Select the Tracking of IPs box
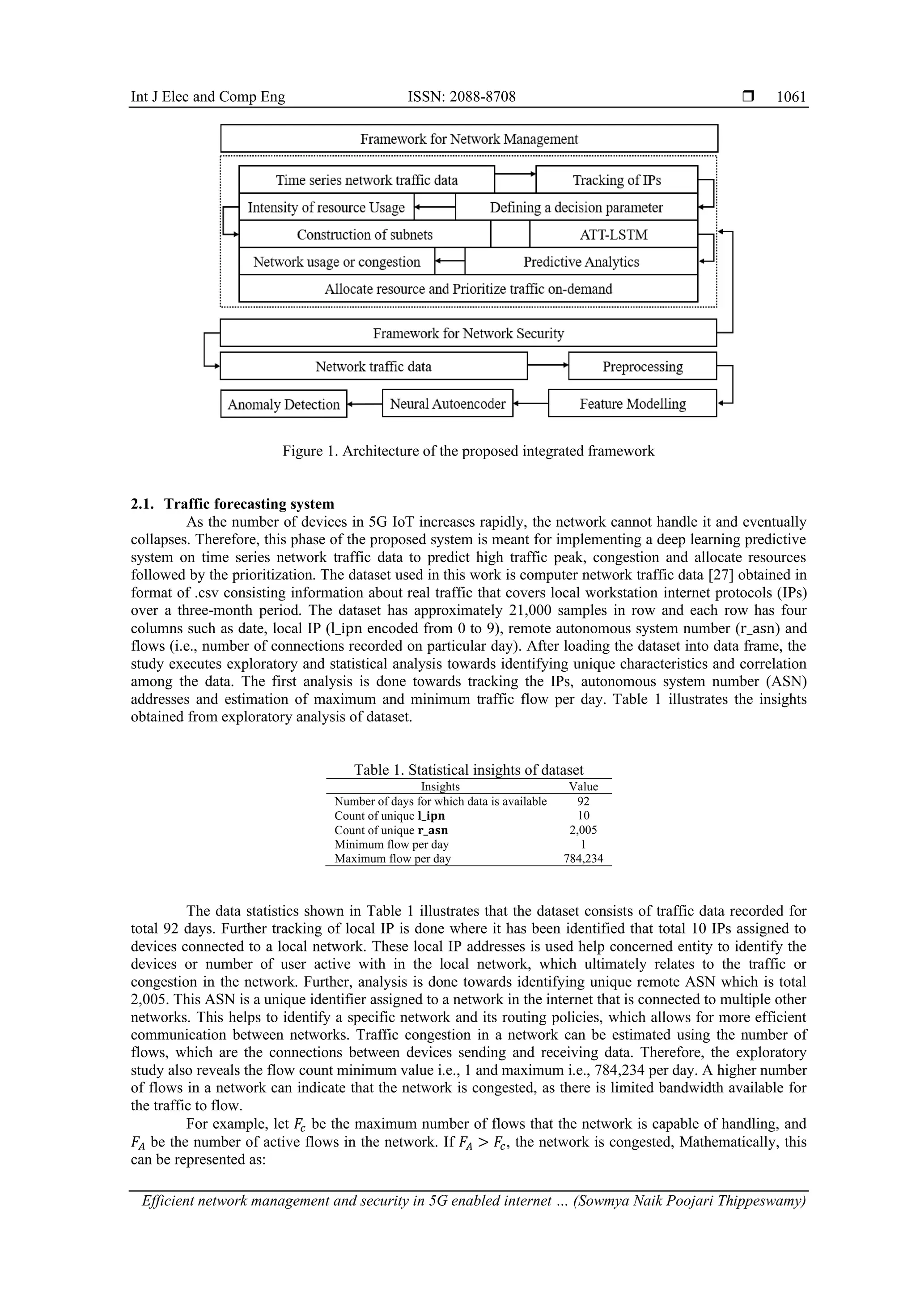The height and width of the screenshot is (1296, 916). point(616,180)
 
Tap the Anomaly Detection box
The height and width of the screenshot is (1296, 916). point(283,404)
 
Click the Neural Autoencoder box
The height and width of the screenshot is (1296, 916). point(447,404)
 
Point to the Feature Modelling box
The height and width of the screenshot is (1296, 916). point(632,404)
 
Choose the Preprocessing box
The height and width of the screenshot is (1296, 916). point(642,367)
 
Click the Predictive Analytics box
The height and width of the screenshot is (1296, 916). point(581,261)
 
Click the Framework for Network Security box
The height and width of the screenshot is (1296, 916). point(468,333)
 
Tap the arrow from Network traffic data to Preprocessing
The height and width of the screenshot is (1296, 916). point(548,365)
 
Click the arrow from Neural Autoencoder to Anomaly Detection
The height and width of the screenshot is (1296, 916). point(365,404)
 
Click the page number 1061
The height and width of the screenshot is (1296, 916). point(791,97)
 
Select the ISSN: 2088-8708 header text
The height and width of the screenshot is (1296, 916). point(462,97)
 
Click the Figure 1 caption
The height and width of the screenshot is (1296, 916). point(468,451)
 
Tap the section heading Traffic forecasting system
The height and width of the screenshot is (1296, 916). point(249,503)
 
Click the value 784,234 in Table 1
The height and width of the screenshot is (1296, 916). point(583,858)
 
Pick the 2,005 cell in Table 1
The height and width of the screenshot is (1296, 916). point(583,830)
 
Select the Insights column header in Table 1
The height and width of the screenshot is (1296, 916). point(440,786)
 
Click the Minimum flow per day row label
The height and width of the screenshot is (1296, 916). point(391,844)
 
